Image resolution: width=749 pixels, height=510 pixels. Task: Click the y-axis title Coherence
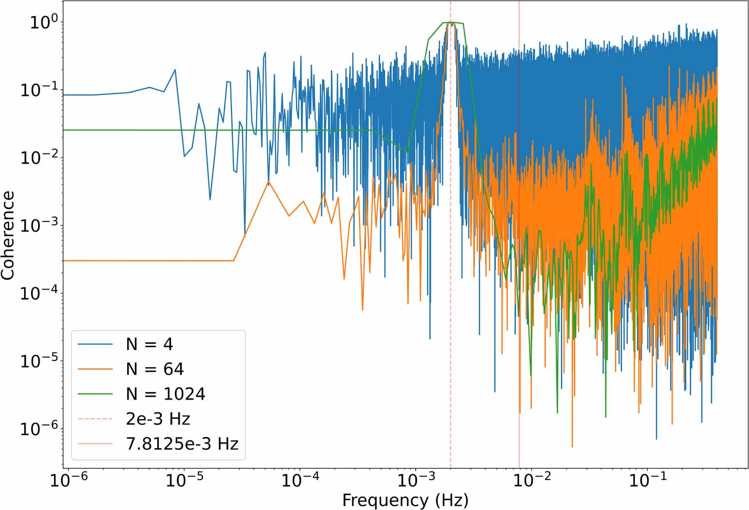coord(8,235)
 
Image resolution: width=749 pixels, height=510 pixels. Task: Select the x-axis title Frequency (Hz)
coord(405,500)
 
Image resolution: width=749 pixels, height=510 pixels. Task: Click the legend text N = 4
coord(149,344)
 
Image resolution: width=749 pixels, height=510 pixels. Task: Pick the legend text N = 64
coord(155,369)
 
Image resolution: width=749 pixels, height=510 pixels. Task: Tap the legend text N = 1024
coord(165,394)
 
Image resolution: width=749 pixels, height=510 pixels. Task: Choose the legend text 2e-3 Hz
coord(158,419)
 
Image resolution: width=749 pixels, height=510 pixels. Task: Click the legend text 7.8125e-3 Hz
coord(182,444)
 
